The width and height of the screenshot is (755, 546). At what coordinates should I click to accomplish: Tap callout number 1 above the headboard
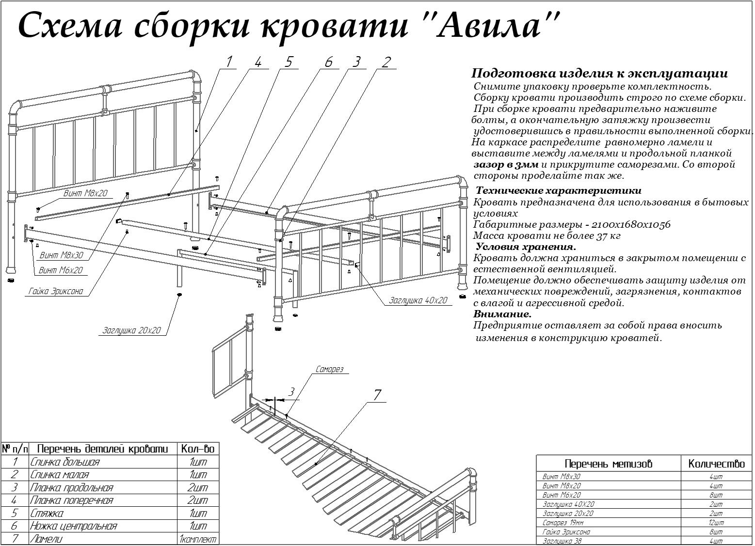click(229, 62)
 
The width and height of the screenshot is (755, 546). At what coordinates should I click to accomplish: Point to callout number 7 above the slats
click(378, 395)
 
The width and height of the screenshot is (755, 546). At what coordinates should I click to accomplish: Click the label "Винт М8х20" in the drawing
click(85, 193)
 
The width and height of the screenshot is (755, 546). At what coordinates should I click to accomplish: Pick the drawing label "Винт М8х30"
click(62, 255)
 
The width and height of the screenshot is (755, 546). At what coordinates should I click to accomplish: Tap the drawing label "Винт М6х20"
click(61, 270)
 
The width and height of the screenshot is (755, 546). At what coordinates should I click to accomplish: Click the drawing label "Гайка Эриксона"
click(56, 291)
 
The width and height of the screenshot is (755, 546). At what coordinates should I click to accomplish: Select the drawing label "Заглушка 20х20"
click(131, 331)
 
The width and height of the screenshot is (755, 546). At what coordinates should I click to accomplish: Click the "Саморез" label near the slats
click(329, 369)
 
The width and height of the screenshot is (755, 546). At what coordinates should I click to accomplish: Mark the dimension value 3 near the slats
click(291, 391)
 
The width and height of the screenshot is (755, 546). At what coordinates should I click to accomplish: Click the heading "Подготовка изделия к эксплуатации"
click(599, 74)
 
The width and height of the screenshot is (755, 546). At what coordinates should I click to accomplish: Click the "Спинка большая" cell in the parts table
click(65, 462)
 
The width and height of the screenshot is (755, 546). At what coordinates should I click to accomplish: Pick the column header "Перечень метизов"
click(609, 464)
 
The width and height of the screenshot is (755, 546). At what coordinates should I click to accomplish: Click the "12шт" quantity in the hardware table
click(716, 523)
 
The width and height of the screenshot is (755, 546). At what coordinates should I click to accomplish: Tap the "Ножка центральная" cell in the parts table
click(73, 526)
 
